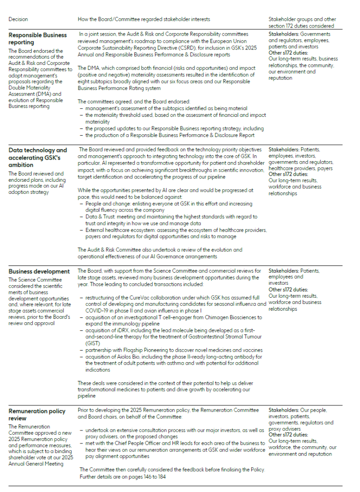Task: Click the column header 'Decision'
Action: (18, 19)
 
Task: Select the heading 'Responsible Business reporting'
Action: (38, 38)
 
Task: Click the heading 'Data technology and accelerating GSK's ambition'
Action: (38, 157)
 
